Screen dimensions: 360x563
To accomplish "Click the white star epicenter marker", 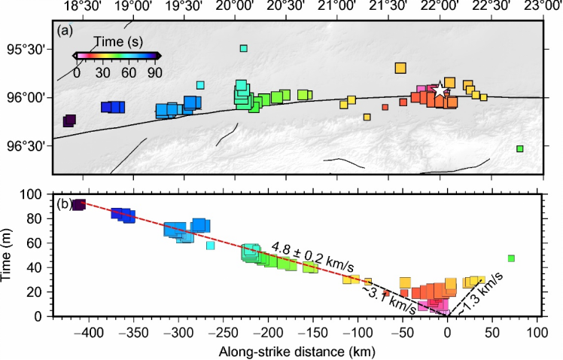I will coord(439,90).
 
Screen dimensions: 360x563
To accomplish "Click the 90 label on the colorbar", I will coord(154,73).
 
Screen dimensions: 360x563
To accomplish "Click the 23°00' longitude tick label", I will coord(540,7).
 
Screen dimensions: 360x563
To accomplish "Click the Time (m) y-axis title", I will coord(8,255).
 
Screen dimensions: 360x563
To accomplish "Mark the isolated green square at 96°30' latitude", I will coord(520,148).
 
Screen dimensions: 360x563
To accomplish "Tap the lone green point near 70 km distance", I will coord(511,258).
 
